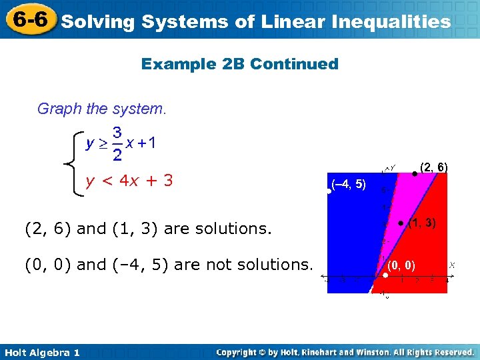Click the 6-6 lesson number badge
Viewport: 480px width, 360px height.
[x=28, y=19]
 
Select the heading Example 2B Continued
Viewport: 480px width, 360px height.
[x=240, y=64]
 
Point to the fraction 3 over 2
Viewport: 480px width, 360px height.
[x=117, y=144]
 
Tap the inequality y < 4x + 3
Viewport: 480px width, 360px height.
[x=130, y=181]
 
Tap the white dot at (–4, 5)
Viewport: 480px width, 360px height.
[x=329, y=191]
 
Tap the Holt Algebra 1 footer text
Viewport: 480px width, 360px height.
[x=41, y=352]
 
